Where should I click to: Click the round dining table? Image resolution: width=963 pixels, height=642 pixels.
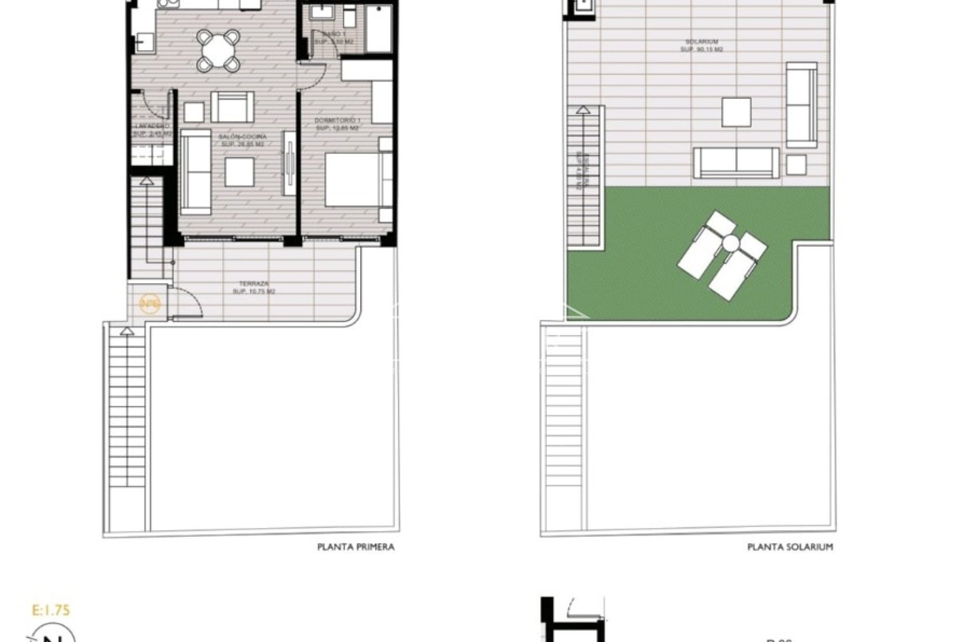pos(217,50)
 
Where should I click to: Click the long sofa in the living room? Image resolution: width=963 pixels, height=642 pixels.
pos(196,172)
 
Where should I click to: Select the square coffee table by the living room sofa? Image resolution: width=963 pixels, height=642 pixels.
pos(239,172)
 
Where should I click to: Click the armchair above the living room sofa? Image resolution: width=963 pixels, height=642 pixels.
pos(232,107)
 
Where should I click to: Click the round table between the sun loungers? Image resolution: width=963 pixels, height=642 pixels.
pos(730,244)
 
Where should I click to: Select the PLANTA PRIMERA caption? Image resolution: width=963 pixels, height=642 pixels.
pos(356,547)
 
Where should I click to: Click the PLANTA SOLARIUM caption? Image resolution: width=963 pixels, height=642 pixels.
pos(790,547)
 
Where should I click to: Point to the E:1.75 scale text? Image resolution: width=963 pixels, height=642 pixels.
pos(51,610)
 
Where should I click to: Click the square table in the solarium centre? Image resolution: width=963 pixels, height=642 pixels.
pos(736,112)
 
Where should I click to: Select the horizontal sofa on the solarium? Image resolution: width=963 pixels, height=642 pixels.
pos(736,163)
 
